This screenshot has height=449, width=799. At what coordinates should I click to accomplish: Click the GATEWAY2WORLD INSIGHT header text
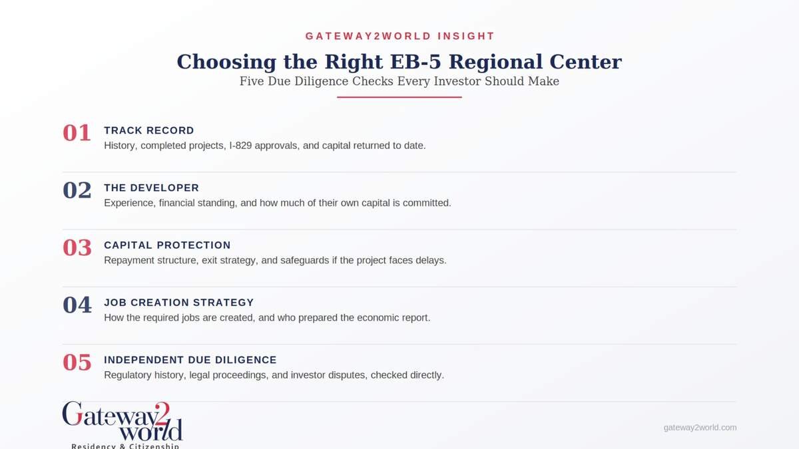pyautogui.click(x=400, y=37)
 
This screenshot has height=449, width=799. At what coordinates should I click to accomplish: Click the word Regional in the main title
pyautogui.click(x=496, y=63)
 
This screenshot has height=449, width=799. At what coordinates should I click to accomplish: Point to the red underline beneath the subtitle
pyautogui.click(x=400, y=97)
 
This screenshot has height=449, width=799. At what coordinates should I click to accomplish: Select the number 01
pyautogui.click(x=77, y=133)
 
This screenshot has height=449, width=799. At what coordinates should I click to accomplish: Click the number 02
pyautogui.click(x=77, y=190)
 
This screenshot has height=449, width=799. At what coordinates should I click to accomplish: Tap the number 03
pyautogui.click(x=77, y=247)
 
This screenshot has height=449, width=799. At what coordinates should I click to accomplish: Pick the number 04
pyautogui.click(x=77, y=305)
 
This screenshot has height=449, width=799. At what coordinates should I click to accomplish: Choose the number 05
pyautogui.click(x=77, y=363)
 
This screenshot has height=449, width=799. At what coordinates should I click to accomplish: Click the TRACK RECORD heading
pyautogui.click(x=148, y=130)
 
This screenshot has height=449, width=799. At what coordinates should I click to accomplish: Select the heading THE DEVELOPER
pyautogui.click(x=151, y=188)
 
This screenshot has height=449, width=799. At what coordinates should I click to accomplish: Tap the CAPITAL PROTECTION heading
pyautogui.click(x=167, y=245)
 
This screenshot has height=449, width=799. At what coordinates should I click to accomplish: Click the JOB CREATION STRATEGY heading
pyautogui.click(x=178, y=303)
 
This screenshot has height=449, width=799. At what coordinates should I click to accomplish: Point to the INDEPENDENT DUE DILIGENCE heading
pyautogui.click(x=190, y=360)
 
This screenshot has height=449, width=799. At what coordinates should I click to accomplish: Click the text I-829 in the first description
pyautogui.click(x=240, y=146)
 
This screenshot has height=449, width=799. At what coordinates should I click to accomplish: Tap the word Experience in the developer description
pyautogui.click(x=130, y=203)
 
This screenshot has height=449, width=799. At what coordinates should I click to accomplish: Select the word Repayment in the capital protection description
pyautogui.click(x=129, y=261)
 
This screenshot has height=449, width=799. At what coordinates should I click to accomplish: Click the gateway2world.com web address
pyautogui.click(x=700, y=428)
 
